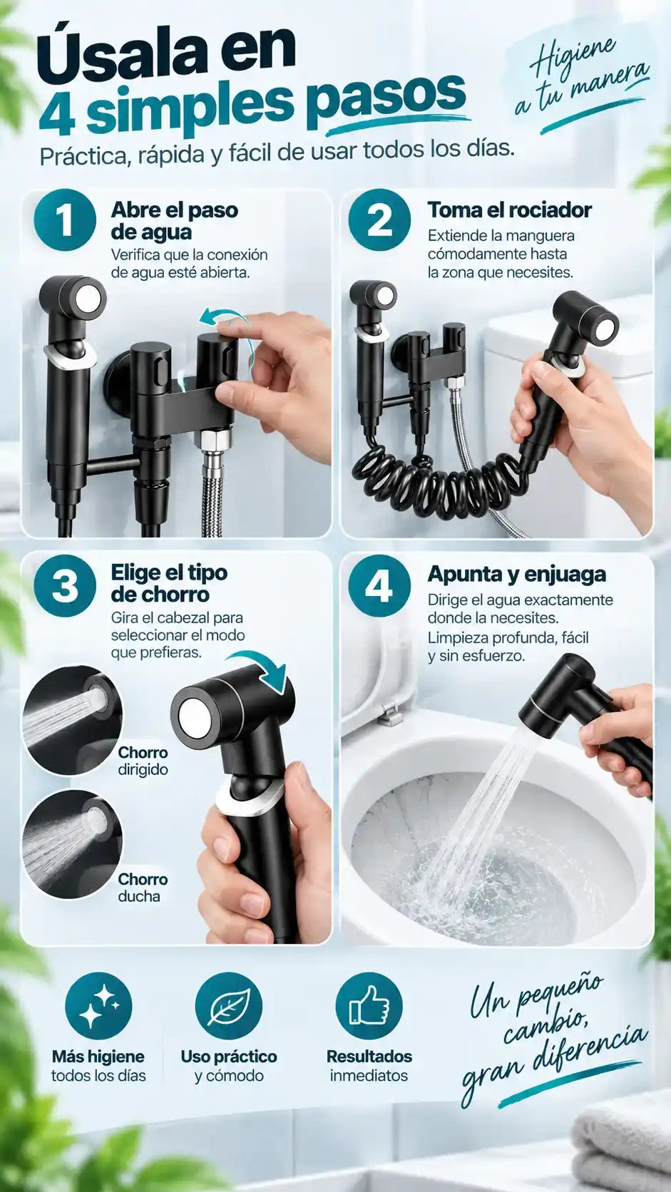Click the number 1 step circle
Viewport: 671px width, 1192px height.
tap(65, 220)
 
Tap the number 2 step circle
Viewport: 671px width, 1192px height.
tap(379, 220)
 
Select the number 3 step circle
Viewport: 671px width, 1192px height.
tap(65, 586)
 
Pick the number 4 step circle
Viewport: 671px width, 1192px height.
tap(379, 586)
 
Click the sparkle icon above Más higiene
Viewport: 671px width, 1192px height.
tap(98, 1005)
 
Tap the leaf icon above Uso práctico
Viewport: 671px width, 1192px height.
tap(229, 1005)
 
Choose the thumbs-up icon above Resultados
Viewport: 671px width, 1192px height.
tap(369, 1005)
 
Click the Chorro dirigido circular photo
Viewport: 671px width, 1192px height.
tap(73, 721)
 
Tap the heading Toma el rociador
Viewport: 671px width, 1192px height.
tap(509, 210)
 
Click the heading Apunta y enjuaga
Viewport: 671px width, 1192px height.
tap(517, 574)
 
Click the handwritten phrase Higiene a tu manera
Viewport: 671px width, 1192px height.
tap(580, 77)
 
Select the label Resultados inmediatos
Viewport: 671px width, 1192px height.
tap(369, 1065)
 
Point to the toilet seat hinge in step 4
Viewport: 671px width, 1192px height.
tap(390, 714)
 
